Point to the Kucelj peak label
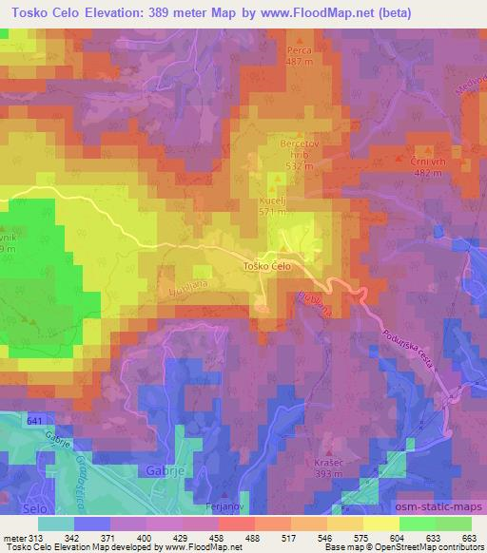pyautogui.click(x=272, y=202)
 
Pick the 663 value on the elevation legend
pyautogui.click(x=469, y=537)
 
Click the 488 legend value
pyautogui.click(x=253, y=537)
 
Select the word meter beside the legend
pyautogui.click(x=12, y=537)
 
